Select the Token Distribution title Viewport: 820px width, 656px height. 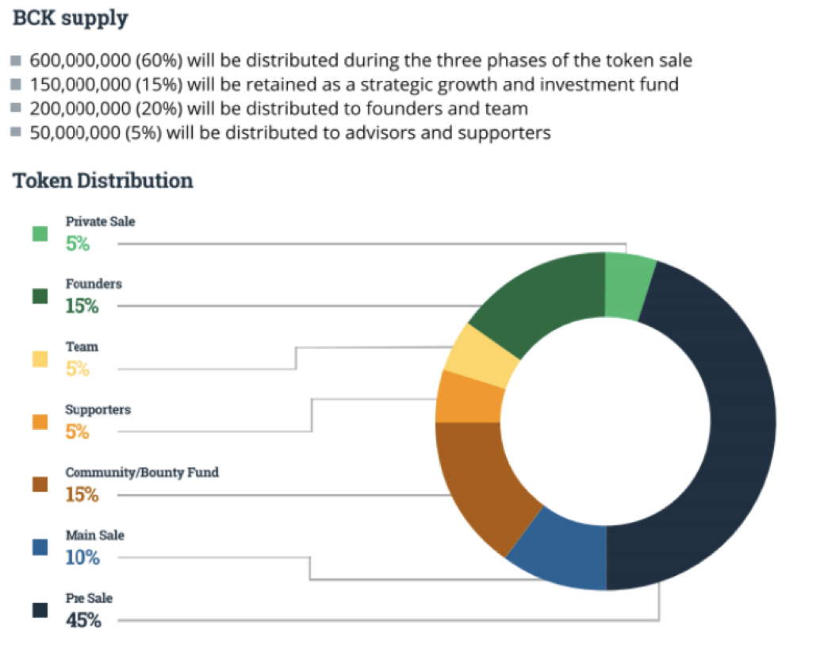coord(103,181)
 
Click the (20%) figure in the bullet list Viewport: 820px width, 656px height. coord(144,108)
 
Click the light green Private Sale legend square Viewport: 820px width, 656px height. coord(40,234)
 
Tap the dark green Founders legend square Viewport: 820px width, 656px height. coord(40,297)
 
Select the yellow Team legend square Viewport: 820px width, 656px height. coord(40,359)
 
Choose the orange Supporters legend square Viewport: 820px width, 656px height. coord(40,423)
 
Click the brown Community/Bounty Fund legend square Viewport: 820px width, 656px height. coord(40,485)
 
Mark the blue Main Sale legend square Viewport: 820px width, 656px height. coord(40,547)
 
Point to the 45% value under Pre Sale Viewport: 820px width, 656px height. coord(83,620)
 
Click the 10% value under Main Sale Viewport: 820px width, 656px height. coord(82,558)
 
